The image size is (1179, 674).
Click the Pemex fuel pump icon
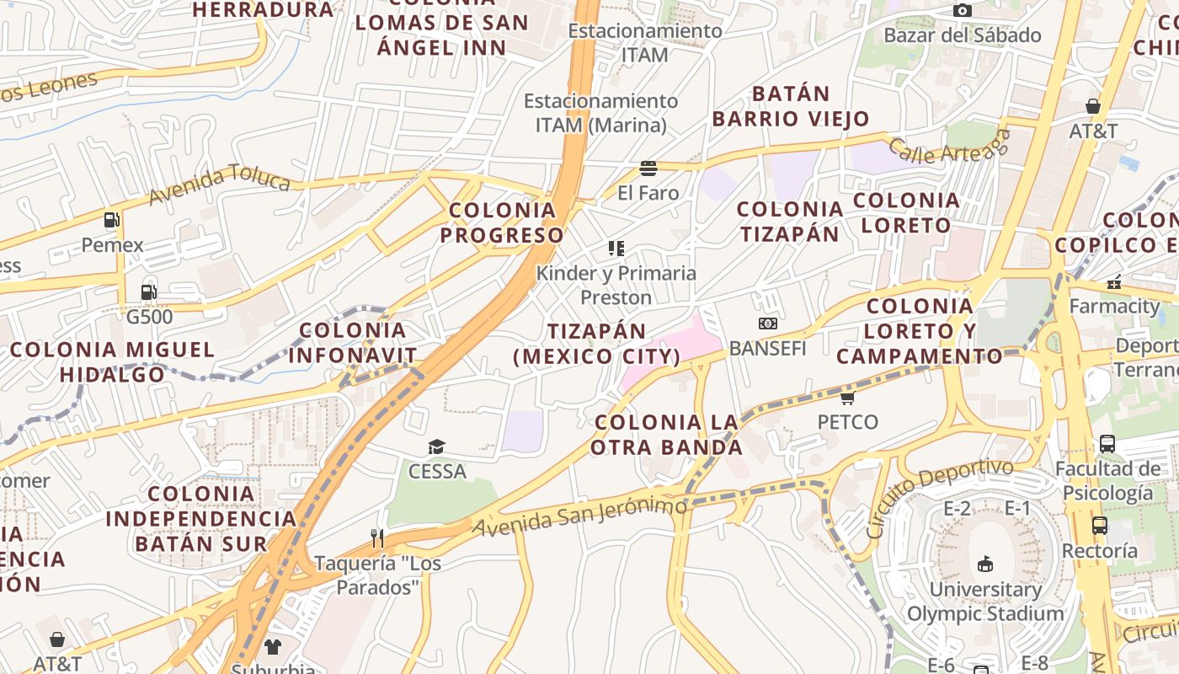point(111,220)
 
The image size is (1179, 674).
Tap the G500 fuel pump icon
point(148,292)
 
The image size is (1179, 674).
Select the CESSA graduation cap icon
point(436,447)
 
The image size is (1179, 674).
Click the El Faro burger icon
point(648,168)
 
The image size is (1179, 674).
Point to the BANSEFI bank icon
point(767,324)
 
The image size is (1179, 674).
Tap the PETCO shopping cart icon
point(847,397)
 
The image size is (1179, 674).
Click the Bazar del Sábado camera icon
point(962,10)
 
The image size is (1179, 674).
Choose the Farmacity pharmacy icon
point(1114,281)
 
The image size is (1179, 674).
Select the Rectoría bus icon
point(1099,526)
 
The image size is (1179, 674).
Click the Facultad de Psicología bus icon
point(1107,443)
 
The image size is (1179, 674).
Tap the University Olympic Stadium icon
point(984,564)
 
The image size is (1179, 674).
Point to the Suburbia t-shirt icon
point(272,647)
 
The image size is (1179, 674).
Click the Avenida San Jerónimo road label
point(580,516)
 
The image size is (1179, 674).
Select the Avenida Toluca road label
point(220,185)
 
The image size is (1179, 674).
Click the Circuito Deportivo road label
point(940,497)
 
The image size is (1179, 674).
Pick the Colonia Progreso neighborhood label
point(502,222)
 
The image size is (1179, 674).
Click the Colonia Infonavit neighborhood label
point(353,343)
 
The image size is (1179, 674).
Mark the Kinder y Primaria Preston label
point(616,285)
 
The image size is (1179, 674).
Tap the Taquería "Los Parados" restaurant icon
point(377,538)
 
